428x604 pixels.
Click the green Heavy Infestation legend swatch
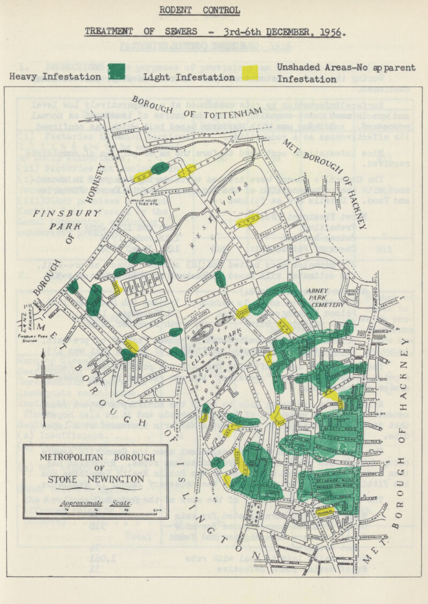point(116,72)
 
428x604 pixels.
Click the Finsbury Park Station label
point(21,338)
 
